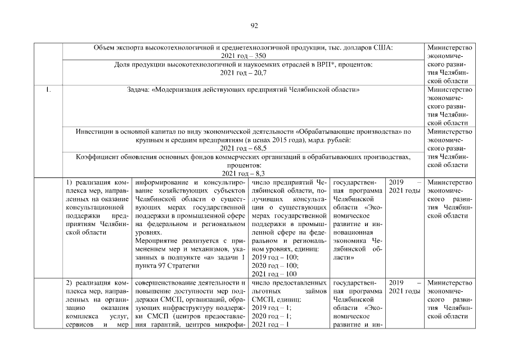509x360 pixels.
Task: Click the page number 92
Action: click(x=254, y=25)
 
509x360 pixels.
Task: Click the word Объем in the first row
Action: click(x=105, y=48)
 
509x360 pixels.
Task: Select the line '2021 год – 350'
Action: click(x=244, y=56)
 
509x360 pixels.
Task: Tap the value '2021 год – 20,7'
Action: click(x=244, y=73)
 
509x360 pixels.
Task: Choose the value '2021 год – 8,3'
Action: click(x=244, y=174)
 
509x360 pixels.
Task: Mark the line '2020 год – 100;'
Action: click(x=276, y=266)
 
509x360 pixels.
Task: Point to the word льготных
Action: click(x=266, y=291)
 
